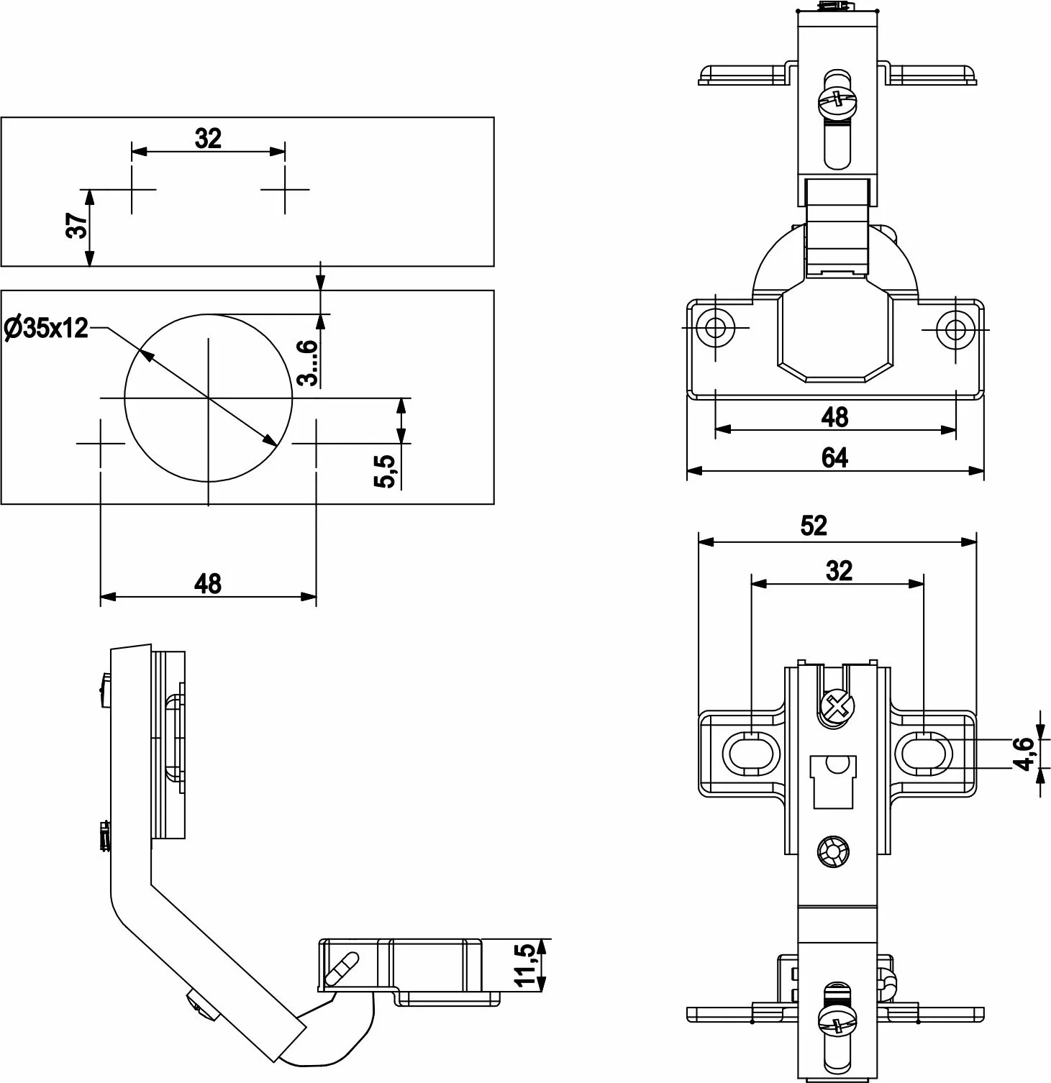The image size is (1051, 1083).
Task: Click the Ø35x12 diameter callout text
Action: pyautogui.click(x=46, y=329)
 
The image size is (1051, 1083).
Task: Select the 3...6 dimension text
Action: pyautogui.click(x=308, y=362)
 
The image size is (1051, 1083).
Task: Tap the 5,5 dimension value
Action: pyautogui.click(x=386, y=471)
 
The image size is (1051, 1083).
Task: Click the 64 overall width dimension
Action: pyautogui.click(x=834, y=457)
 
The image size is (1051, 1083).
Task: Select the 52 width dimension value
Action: pyautogui.click(x=814, y=526)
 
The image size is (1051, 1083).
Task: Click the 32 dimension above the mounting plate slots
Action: pyautogui.click(x=839, y=571)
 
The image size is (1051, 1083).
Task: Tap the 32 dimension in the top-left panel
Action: pyautogui.click(x=208, y=138)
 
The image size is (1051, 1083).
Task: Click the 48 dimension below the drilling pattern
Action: pyautogui.click(x=208, y=583)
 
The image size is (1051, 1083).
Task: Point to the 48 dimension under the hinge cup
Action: pyautogui.click(x=834, y=416)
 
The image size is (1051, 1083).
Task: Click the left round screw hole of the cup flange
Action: pyautogui.click(x=715, y=328)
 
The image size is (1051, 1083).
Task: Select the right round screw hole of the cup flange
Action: pyautogui.click(x=955, y=329)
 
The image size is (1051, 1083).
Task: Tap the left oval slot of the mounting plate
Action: pyautogui.click(x=751, y=754)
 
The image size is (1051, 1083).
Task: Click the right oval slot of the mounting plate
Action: pyautogui.click(x=924, y=754)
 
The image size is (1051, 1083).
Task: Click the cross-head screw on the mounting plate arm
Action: pyautogui.click(x=837, y=707)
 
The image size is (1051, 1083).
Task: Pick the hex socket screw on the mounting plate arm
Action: pyautogui.click(x=834, y=852)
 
